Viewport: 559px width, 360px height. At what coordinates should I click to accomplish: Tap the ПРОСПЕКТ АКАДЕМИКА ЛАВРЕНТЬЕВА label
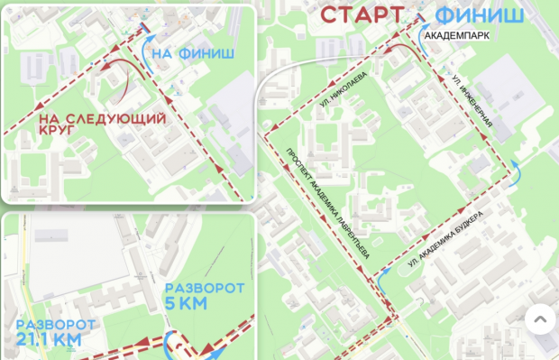(x=328, y=203)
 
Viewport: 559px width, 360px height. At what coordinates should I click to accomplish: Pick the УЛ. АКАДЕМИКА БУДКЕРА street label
(x=445, y=238)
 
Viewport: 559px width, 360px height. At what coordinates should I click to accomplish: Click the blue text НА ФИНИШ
(x=193, y=54)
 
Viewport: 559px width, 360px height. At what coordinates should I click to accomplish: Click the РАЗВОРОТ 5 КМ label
(x=205, y=296)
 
